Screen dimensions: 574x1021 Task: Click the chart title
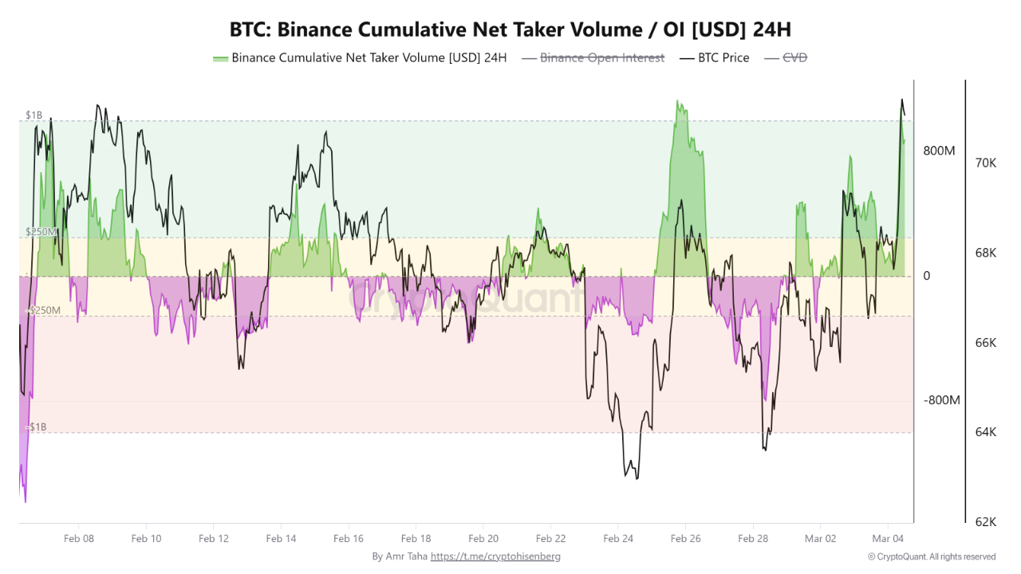(x=510, y=29)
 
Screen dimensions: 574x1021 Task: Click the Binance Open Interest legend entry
(x=601, y=57)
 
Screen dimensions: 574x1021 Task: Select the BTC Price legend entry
(x=723, y=57)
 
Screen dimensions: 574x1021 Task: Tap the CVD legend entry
(x=794, y=57)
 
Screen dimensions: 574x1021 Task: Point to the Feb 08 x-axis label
(x=78, y=539)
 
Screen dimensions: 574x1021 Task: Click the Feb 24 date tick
(x=618, y=539)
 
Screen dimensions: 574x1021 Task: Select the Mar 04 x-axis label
(x=888, y=539)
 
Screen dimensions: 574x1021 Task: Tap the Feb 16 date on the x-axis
(x=349, y=539)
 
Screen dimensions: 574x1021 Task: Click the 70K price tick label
(x=985, y=163)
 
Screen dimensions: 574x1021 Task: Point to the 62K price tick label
(x=985, y=522)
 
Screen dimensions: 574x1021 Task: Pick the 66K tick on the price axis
(x=985, y=343)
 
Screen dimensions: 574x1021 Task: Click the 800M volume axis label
(x=939, y=151)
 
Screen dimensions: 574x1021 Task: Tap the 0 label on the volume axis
(x=927, y=276)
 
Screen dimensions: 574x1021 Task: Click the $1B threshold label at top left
(x=34, y=116)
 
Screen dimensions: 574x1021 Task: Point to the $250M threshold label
(x=40, y=232)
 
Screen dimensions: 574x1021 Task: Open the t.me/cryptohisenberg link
(x=495, y=556)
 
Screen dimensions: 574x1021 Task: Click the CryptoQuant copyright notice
(x=932, y=556)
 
